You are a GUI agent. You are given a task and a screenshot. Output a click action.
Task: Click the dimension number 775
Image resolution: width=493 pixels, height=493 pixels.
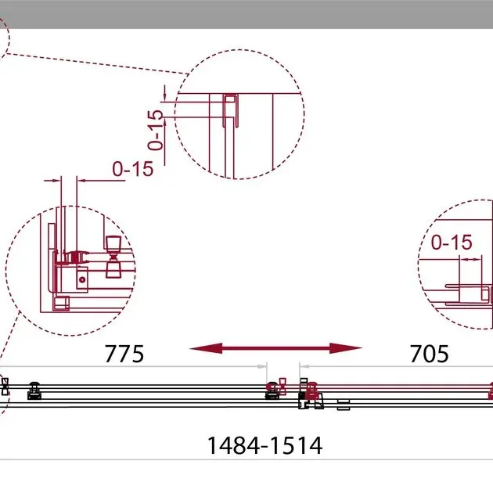pos(124,354)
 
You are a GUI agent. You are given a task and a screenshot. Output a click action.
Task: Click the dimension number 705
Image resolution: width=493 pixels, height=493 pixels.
pos(429,354)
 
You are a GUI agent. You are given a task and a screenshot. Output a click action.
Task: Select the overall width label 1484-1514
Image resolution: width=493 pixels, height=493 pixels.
pos(264,445)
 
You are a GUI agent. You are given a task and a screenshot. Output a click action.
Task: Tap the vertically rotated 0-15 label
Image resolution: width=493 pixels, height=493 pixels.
pos(155,130)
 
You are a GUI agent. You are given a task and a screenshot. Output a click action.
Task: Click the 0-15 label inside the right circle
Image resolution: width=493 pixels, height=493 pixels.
pos(452,242)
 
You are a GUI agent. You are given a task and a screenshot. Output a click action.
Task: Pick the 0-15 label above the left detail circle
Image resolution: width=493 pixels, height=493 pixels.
pos(133,169)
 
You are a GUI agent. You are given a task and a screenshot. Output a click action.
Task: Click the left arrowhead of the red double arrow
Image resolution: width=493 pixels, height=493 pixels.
pos(206,348)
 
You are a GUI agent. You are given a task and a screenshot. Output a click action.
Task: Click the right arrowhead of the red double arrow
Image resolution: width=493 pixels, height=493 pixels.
pos(346,348)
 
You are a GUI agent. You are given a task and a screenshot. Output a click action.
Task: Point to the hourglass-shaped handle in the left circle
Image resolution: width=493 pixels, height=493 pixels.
pos(113,257)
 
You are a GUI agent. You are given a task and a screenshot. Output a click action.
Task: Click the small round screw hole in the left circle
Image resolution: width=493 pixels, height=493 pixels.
pos(82,279)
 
